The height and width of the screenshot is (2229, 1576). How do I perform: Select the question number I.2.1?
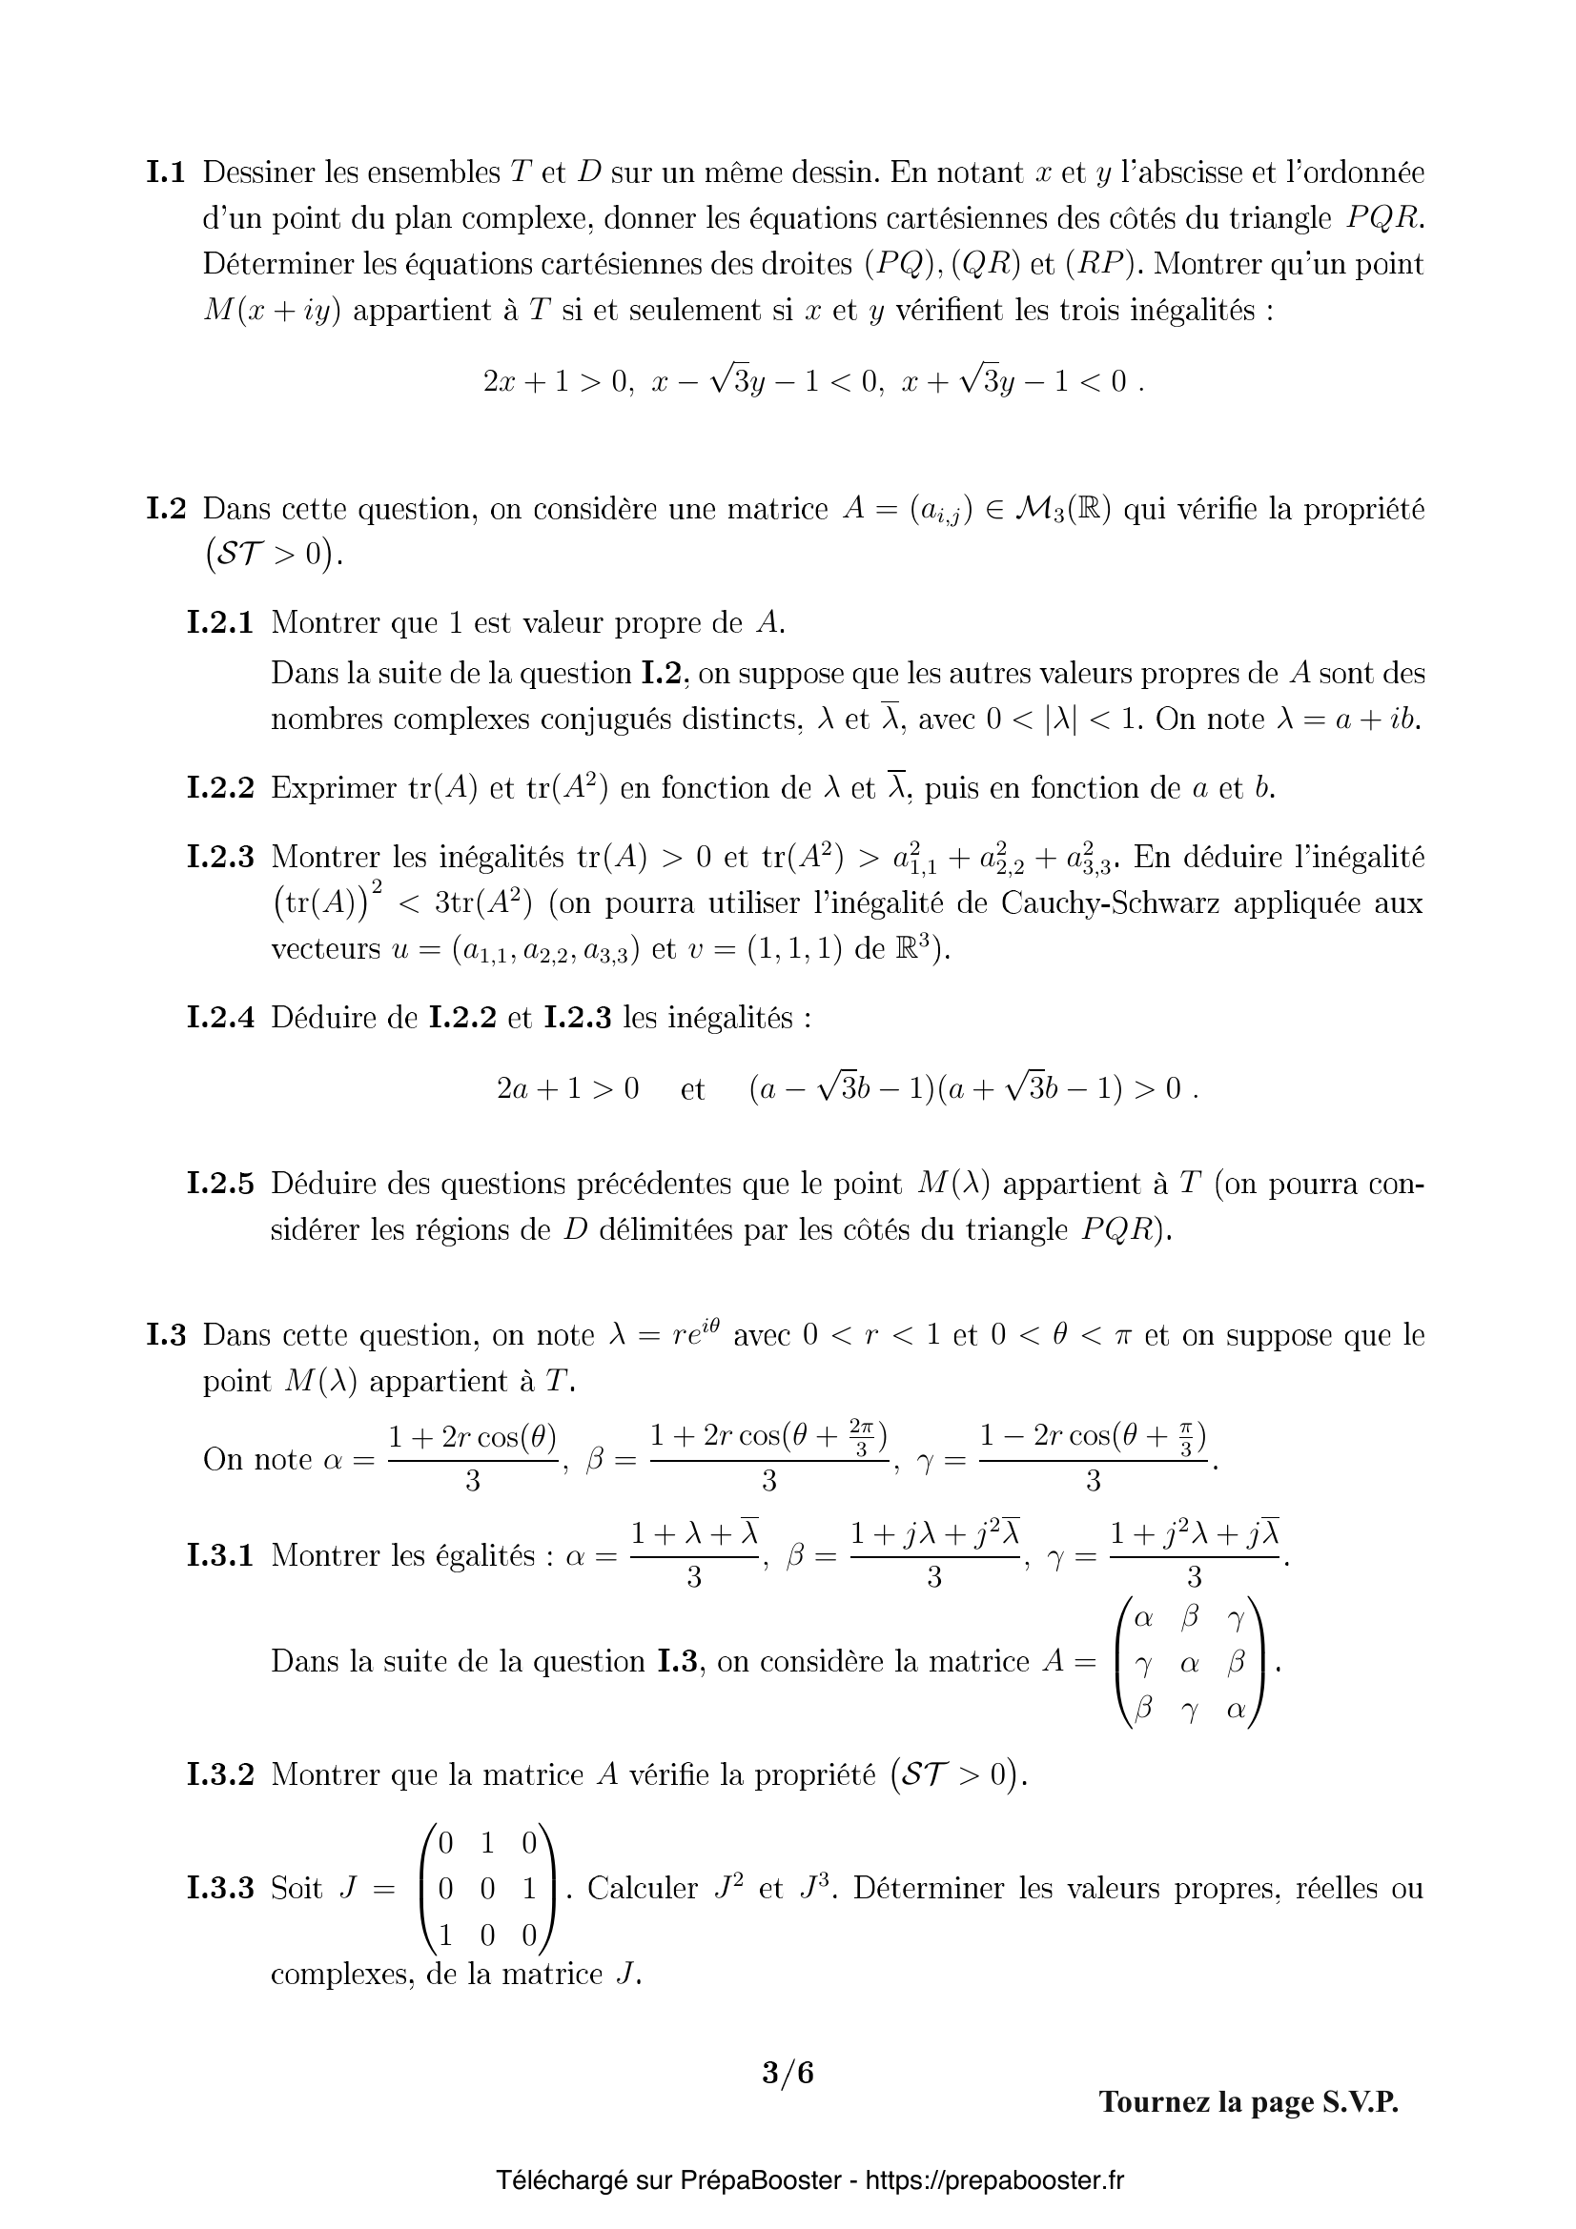coord(219,622)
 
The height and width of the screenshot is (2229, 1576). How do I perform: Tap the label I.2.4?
coord(219,1018)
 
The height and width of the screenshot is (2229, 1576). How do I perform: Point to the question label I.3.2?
coord(219,1774)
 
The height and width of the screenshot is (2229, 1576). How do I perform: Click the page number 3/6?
coord(788,2073)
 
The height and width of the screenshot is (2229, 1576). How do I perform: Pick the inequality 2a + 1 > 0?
coord(568,1088)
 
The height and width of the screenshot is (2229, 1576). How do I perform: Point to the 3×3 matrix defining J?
coord(488,1888)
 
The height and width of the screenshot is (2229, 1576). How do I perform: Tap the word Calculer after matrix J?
coord(643,1888)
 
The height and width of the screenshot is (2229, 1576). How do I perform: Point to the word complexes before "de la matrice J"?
coord(342,1974)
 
